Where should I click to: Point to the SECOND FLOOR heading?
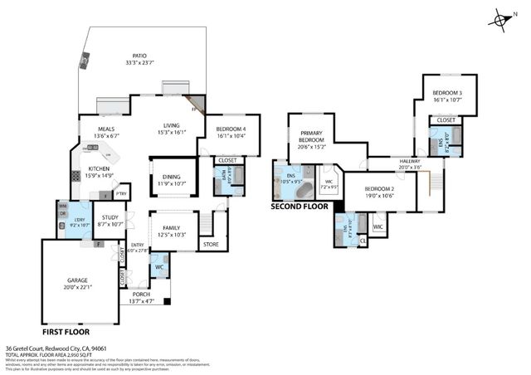pos(300,206)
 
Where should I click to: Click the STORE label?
pos(211,244)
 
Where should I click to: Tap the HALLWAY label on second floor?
pos(409,162)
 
